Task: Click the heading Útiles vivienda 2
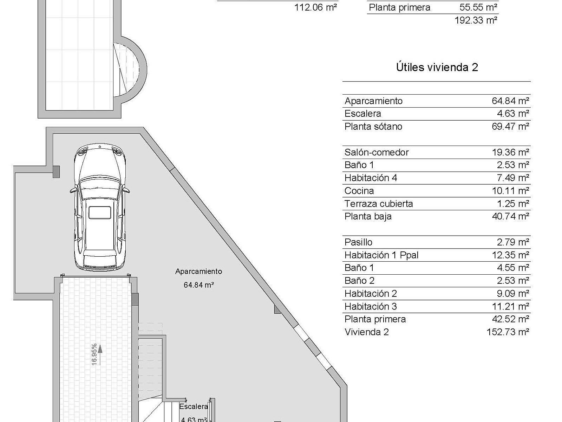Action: pos(437,68)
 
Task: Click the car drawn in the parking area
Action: pos(100,207)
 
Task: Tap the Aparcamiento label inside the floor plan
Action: pos(199,271)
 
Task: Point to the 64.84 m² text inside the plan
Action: pos(199,284)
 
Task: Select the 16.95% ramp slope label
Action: pos(94,354)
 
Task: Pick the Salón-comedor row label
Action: pos(377,153)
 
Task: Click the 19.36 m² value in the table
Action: pos(510,153)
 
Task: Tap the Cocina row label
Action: pos(359,191)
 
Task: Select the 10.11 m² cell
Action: pos(510,191)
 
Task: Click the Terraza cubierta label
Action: pos(379,204)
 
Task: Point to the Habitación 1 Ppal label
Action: pos(381,255)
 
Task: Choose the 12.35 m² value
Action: pos(510,255)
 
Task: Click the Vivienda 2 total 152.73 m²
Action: pos(508,332)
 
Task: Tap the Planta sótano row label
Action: pos(373,127)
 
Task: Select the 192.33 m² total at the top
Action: pos(476,20)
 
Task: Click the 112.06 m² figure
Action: pos(315,7)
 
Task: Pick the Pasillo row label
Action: pos(359,242)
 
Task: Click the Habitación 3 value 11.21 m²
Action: pos(510,306)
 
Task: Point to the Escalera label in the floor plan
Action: pos(193,407)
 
